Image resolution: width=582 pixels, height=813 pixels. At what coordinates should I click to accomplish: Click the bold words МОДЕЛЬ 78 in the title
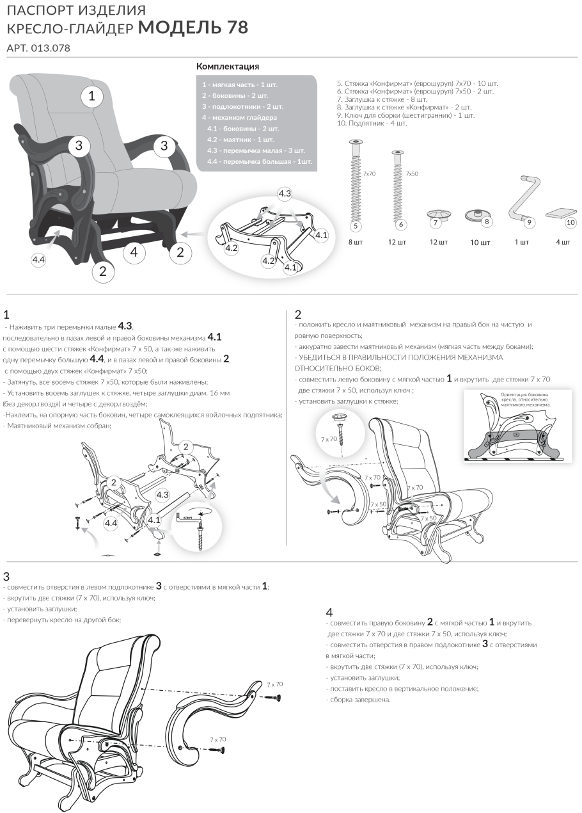[193, 28]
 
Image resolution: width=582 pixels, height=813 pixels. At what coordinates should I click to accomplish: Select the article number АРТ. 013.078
[38, 48]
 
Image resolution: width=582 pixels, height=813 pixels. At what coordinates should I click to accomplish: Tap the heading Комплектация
[227, 67]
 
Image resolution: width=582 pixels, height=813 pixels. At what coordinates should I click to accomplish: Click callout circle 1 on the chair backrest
[92, 97]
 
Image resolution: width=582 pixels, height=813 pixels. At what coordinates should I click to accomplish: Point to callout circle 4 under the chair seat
[134, 252]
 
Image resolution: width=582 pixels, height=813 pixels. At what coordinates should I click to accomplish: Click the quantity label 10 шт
[480, 243]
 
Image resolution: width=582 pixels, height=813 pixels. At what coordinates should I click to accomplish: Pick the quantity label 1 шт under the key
[522, 243]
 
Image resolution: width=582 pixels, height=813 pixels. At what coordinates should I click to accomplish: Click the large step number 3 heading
[6, 576]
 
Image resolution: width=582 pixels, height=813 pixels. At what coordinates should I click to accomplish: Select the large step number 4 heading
[329, 612]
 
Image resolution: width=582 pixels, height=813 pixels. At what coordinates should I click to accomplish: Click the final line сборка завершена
[360, 699]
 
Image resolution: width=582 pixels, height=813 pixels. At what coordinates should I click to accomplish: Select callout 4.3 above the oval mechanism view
[285, 193]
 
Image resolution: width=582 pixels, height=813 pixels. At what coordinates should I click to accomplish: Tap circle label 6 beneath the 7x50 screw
[400, 225]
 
